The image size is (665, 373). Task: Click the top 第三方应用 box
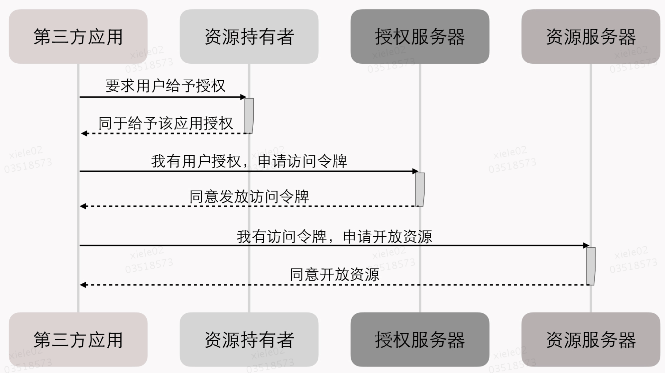78,36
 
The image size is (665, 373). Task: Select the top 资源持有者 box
249,36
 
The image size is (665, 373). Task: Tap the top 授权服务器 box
420,36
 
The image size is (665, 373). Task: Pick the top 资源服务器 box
591,36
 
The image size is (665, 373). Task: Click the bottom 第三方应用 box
78,339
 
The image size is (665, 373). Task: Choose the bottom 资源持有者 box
249,339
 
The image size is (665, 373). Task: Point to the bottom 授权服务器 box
420,339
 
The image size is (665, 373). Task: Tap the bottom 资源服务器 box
591,339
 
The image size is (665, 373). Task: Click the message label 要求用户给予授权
165,86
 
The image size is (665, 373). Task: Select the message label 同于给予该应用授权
165,124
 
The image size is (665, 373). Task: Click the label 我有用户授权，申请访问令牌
249,161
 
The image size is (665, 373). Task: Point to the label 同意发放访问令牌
249,197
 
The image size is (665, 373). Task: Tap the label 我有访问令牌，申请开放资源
334,237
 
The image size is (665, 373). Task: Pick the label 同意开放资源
334,274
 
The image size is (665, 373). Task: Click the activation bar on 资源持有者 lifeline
249,116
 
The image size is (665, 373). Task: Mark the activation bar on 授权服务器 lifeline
420,190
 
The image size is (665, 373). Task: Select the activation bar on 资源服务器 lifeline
591,266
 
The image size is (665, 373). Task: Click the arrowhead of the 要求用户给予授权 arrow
243,97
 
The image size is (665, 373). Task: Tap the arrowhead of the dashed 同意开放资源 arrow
83,285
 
